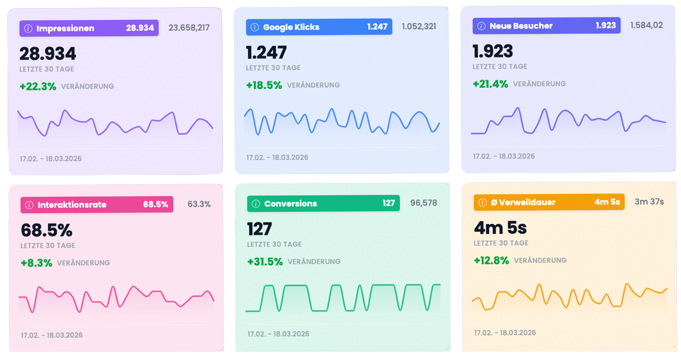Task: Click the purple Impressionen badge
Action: [x=89, y=28]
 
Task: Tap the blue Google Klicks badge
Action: [x=319, y=27]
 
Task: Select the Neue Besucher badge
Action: [x=546, y=26]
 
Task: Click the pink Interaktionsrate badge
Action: [x=97, y=204]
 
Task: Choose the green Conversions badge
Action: [x=323, y=203]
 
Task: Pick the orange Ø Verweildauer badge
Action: [x=549, y=202]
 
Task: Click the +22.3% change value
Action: [x=38, y=86]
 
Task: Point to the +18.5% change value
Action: [x=264, y=85]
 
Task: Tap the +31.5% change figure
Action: [x=265, y=262]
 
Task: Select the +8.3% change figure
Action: [x=36, y=263]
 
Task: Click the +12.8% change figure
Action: [x=491, y=260]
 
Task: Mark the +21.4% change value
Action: [x=491, y=84]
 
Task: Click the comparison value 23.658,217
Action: [x=189, y=27]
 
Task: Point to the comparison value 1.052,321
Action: [x=419, y=26]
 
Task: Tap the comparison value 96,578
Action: [x=424, y=203]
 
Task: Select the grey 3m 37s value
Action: [x=649, y=202]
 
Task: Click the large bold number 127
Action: [x=260, y=229]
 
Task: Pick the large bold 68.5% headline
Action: [x=47, y=230]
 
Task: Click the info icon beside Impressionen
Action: [x=27, y=28]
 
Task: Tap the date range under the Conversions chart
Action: [x=278, y=334]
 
